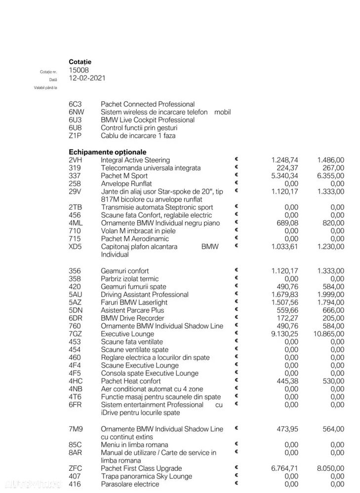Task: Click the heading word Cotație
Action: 80,62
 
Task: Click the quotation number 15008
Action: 79,70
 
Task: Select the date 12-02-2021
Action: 87,78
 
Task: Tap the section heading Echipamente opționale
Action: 108,152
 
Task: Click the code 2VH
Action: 76,160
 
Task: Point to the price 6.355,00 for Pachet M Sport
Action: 330,176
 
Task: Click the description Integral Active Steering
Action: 135,160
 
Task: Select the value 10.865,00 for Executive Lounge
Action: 328,334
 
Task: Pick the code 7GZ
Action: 76,334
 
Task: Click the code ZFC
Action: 76,468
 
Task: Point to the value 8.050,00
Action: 330,468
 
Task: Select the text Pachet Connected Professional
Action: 148,104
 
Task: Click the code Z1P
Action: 76,136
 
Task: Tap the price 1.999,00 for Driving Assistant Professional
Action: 330,294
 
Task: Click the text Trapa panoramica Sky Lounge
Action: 146,476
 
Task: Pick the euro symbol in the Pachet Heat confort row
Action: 237,380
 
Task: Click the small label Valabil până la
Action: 45,87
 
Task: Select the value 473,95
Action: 287,429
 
